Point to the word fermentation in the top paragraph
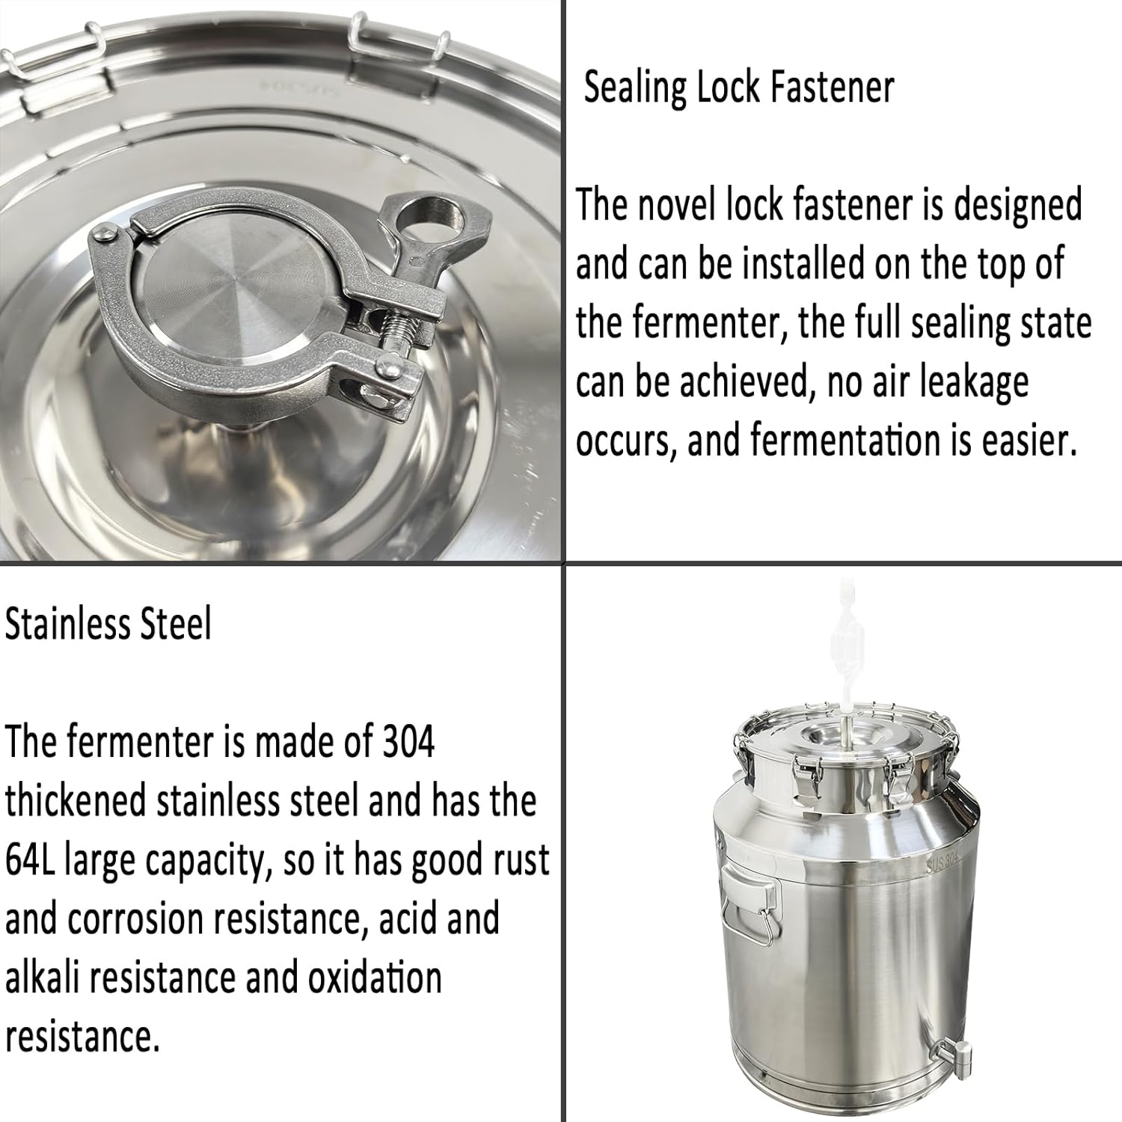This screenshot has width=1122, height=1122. (x=846, y=441)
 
